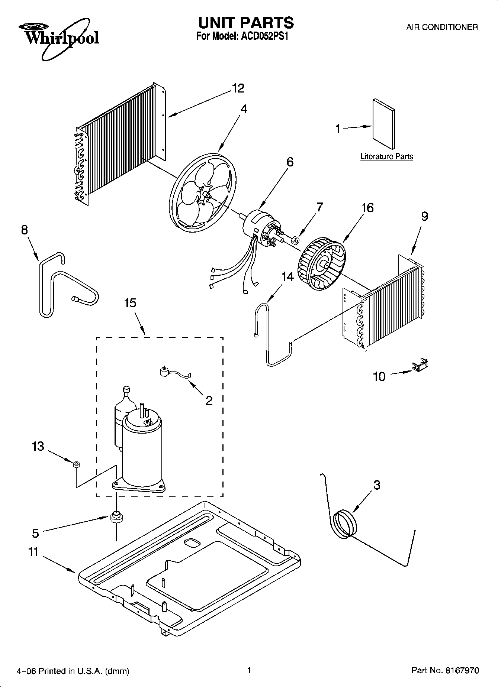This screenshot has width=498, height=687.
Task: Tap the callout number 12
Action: [x=238, y=88]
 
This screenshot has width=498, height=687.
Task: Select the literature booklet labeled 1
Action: [x=384, y=124]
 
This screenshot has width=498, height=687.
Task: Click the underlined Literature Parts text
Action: [x=386, y=156]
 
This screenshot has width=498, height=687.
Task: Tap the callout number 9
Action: [x=424, y=216]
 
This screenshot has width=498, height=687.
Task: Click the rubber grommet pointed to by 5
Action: [x=116, y=516]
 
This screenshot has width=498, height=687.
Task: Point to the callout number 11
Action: [x=33, y=552]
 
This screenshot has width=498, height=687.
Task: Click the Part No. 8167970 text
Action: [x=445, y=671]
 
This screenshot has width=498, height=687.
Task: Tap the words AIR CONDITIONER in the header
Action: [x=442, y=27]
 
